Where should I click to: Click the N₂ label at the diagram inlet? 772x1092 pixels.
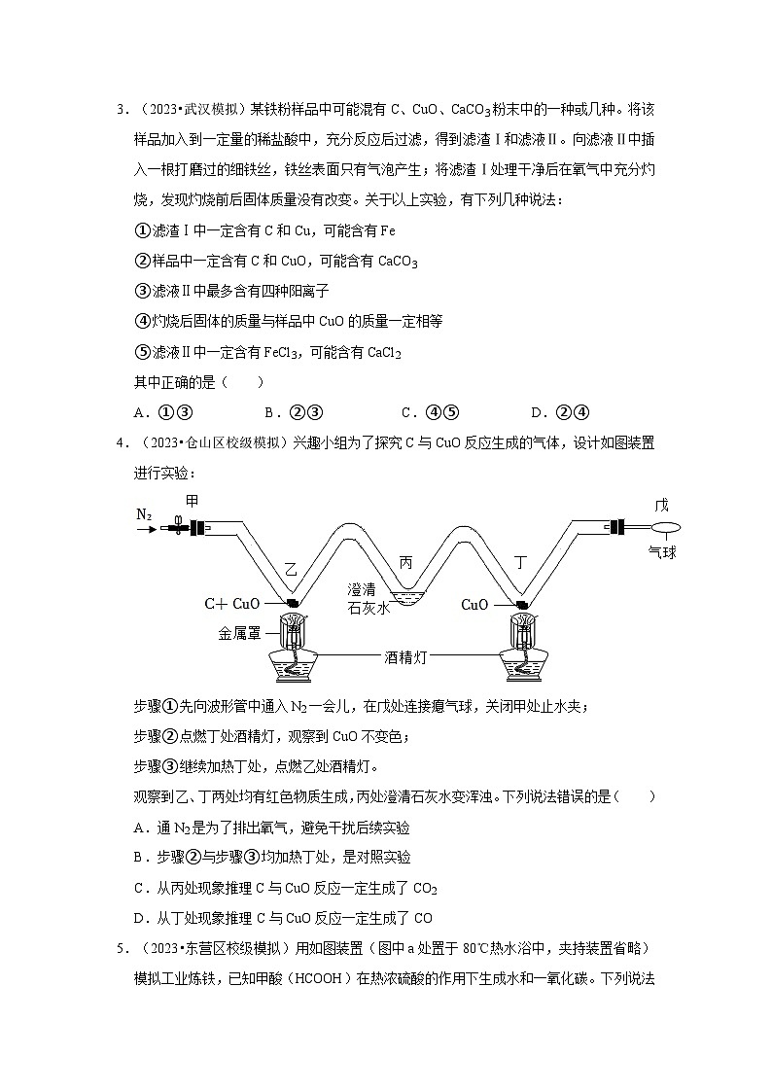143,513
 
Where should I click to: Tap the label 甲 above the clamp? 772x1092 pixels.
192,501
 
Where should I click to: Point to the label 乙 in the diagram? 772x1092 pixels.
291,566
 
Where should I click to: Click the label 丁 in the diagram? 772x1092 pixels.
520,563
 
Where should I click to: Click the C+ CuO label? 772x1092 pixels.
231,604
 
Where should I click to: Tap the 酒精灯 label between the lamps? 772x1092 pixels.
407,657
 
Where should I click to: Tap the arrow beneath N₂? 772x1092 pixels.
145,530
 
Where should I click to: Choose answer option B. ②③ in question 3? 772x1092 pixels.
280,411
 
